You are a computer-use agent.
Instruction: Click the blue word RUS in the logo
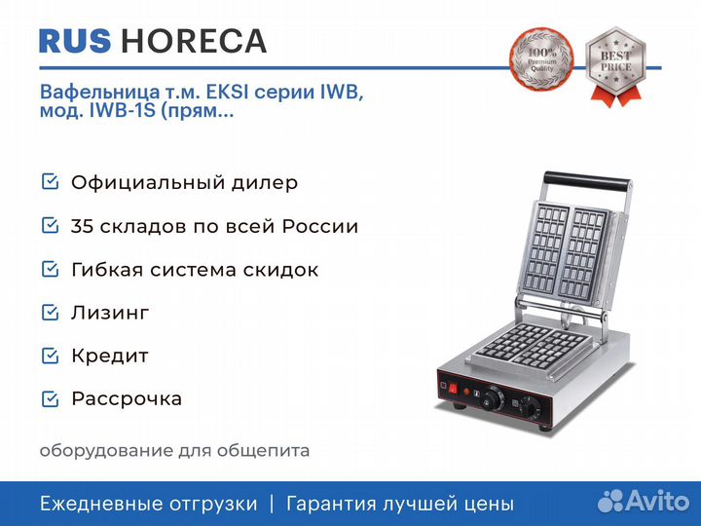click(x=75, y=41)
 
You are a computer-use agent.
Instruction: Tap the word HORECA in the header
click(x=194, y=41)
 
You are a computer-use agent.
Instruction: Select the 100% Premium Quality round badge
click(x=541, y=59)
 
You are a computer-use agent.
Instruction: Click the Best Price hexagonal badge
click(x=615, y=65)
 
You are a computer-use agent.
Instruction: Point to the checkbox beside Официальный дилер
click(x=50, y=181)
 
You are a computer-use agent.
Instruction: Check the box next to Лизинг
click(x=50, y=313)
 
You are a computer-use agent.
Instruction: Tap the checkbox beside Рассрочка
click(x=50, y=398)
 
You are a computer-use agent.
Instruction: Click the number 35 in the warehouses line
click(x=82, y=226)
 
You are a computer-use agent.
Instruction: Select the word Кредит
click(x=109, y=357)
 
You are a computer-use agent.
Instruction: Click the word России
click(x=320, y=226)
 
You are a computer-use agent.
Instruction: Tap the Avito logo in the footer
click(x=644, y=501)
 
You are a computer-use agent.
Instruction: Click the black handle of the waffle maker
click(x=587, y=180)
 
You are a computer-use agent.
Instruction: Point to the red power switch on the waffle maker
click(x=453, y=389)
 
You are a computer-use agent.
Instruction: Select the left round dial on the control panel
click(x=493, y=397)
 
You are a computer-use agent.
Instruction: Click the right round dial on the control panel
click(x=531, y=407)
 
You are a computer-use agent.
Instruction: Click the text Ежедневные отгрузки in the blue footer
click(x=149, y=504)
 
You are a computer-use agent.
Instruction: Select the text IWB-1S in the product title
click(x=122, y=110)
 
